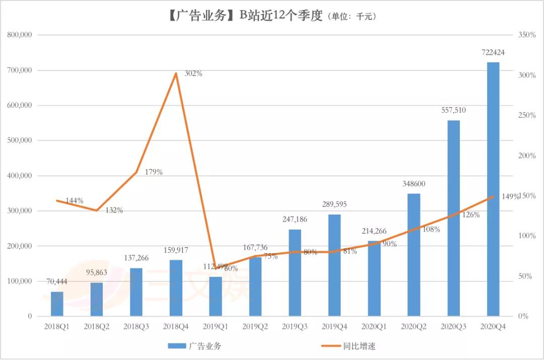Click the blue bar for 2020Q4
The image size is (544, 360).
(493, 189)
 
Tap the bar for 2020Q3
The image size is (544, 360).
(453, 218)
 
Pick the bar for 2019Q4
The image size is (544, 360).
(334, 265)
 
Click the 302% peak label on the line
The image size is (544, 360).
(193, 74)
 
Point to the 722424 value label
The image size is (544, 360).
(493, 52)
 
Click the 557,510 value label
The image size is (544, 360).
(453, 111)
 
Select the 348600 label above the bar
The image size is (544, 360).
(414, 184)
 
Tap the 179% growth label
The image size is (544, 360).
(154, 172)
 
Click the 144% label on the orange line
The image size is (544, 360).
(75, 200)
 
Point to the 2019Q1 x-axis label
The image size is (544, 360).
(216, 327)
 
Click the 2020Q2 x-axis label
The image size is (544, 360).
(414, 327)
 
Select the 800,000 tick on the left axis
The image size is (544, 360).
(20, 35)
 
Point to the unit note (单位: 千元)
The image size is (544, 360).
(353, 17)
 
